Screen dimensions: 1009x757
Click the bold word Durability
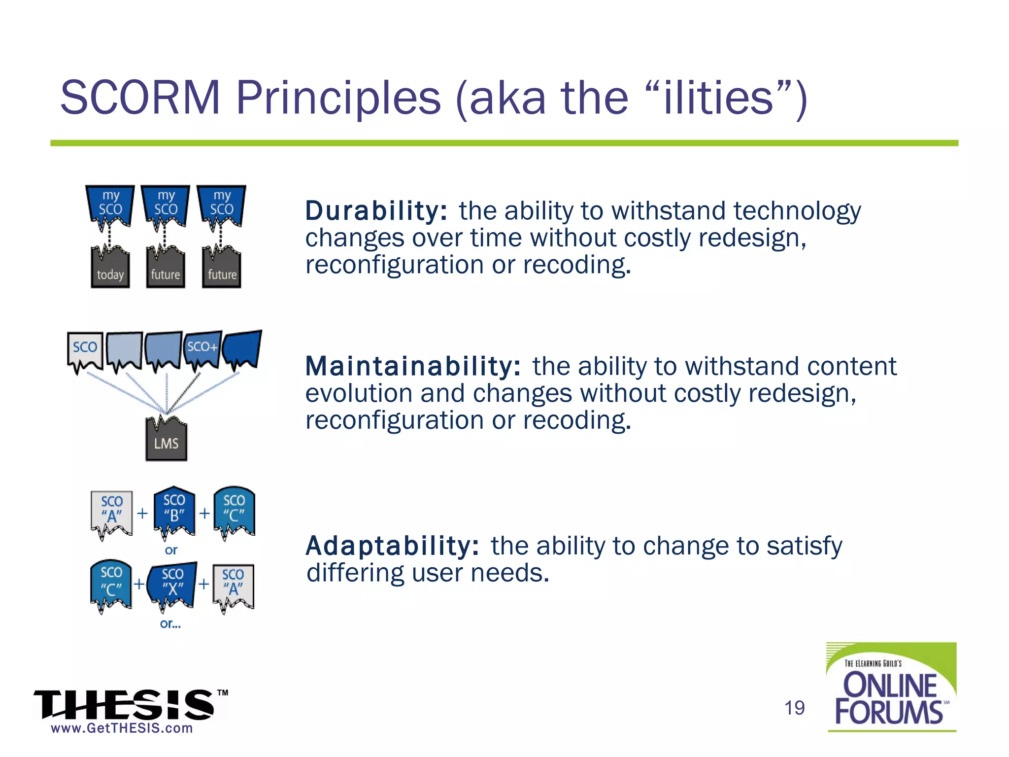click(x=376, y=211)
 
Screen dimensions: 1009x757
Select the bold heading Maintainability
click(x=412, y=367)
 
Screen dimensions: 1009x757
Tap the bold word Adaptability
click(x=392, y=546)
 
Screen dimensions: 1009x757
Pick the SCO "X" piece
click(x=172, y=584)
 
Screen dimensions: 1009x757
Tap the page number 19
click(x=794, y=708)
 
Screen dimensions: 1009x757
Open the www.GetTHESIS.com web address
click(x=122, y=728)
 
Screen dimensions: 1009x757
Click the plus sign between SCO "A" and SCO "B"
click(x=142, y=514)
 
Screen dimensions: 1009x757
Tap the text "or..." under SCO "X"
click(x=170, y=624)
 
